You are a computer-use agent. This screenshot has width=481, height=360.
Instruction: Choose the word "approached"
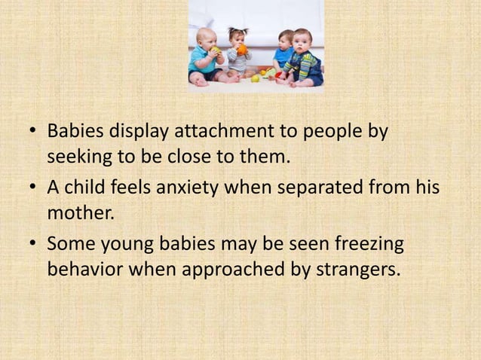[x=242, y=269]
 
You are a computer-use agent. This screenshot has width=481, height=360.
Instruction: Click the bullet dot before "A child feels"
[x=32, y=188]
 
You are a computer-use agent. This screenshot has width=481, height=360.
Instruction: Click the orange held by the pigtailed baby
[x=243, y=50]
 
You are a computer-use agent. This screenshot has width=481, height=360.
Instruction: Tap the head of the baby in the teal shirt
[x=205, y=37]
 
